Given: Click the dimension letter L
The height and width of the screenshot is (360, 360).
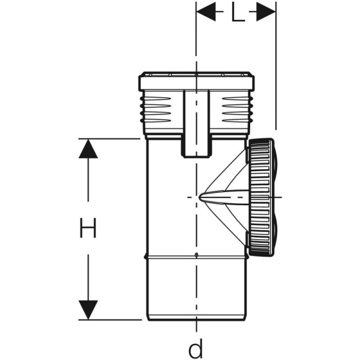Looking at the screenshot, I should (x=238, y=13).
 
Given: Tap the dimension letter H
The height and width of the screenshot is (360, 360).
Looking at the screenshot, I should (x=88, y=228).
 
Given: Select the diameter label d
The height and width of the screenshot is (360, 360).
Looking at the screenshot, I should (x=196, y=347).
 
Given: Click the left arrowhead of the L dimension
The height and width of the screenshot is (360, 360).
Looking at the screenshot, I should (x=206, y=12).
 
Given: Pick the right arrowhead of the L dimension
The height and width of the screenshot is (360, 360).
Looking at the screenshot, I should (x=266, y=12).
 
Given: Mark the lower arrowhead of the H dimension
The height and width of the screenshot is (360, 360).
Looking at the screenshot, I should (x=88, y=310).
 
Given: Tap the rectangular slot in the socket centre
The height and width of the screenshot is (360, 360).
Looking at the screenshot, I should (x=196, y=123).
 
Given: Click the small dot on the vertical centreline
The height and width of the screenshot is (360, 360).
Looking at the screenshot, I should (x=196, y=257).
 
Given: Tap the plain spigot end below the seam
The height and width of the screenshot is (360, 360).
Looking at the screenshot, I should (x=195, y=288).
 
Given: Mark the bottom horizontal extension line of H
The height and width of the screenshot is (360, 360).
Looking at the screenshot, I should (x=114, y=319).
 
